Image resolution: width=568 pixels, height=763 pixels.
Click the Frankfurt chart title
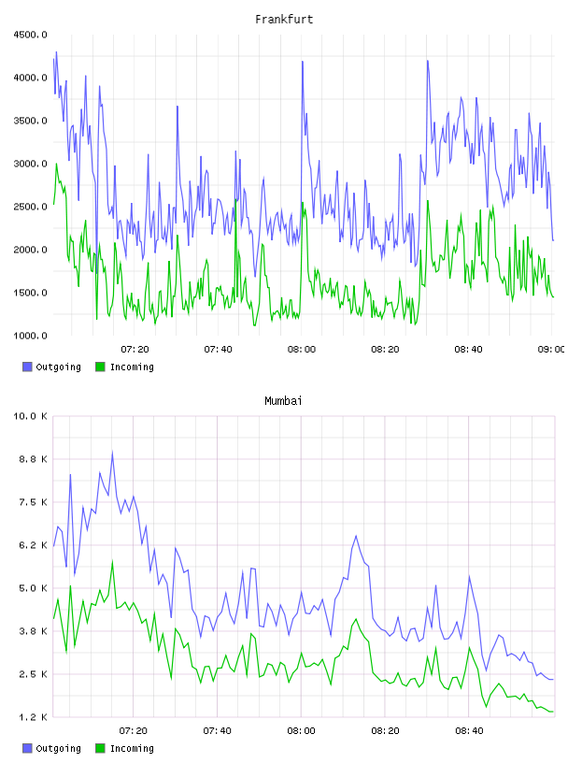tap(284, 20)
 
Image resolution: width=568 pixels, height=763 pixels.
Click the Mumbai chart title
tap(283, 401)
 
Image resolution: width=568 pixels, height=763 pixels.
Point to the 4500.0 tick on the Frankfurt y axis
tap(30, 35)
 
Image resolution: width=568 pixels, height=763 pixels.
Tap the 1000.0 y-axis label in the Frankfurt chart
tap(30, 336)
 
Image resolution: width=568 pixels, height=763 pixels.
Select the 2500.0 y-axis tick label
tap(30, 207)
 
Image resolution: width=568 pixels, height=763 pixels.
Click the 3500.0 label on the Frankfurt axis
tap(30, 121)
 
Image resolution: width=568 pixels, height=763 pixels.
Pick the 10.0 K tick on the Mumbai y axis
tap(30, 416)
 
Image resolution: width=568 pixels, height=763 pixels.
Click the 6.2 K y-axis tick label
tap(33, 545)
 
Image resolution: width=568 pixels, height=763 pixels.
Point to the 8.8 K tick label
tap(33, 459)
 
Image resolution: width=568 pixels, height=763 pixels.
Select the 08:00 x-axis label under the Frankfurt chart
tap(302, 350)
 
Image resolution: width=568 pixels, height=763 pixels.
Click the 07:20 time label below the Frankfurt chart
tap(135, 350)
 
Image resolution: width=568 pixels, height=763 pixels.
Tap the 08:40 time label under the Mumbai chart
tap(469, 731)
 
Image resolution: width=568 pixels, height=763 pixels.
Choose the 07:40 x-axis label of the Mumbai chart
tap(217, 731)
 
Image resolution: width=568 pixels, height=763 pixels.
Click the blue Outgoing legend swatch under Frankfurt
tap(27, 367)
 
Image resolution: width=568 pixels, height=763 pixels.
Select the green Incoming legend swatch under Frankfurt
tap(100, 367)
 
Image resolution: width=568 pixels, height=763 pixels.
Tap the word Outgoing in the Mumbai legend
tap(58, 748)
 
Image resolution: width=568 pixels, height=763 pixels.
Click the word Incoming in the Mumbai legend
tap(132, 748)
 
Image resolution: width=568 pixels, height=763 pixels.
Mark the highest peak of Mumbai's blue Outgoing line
tap(112, 453)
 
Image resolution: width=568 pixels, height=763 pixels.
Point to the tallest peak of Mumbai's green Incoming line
tap(112, 562)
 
